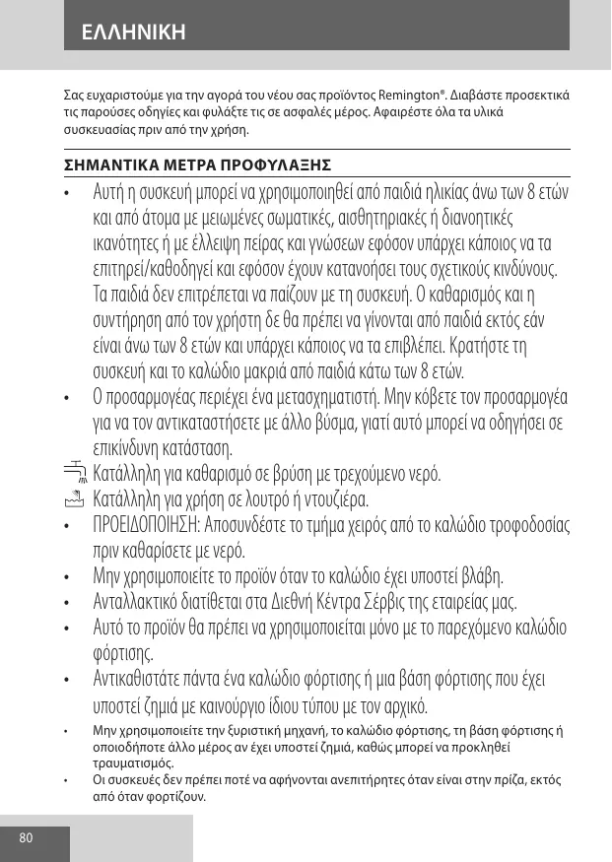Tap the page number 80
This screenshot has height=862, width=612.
coord(26,838)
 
